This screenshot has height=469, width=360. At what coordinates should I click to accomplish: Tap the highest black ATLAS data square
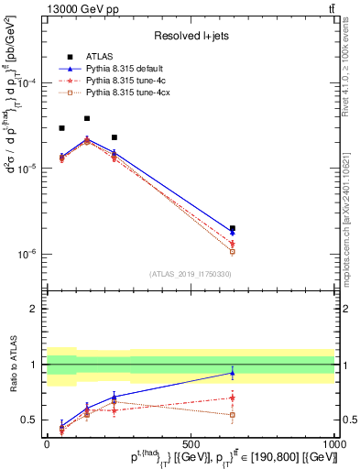[x=87, y=118]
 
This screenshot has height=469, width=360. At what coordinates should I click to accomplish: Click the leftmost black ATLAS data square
[x=61, y=128]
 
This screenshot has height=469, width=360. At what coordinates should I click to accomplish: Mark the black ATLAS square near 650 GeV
[x=233, y=228]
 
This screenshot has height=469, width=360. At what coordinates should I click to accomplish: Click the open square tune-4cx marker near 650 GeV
[x=233, y=252]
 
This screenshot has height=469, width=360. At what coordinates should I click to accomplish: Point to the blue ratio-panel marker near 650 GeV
[x=233, y=373]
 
